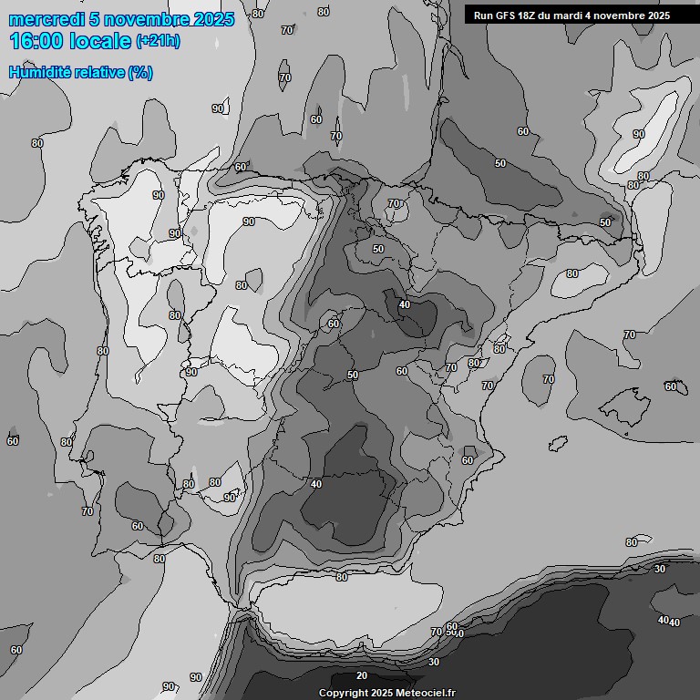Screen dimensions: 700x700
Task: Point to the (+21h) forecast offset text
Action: pos(158,41)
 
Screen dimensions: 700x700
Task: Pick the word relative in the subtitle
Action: pos(98,72)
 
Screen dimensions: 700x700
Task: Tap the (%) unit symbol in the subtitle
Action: pos(140,72)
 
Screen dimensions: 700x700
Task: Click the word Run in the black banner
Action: pos(483,15)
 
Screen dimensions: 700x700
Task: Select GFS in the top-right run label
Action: pos(506,15)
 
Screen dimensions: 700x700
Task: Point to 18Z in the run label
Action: pos(530,15)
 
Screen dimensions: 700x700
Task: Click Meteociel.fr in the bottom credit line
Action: pos(426,693)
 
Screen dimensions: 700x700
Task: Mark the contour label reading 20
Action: pos(362,675)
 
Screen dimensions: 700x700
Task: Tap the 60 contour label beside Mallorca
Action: pos(671,386)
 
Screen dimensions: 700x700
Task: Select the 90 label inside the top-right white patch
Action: pos(639,134)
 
